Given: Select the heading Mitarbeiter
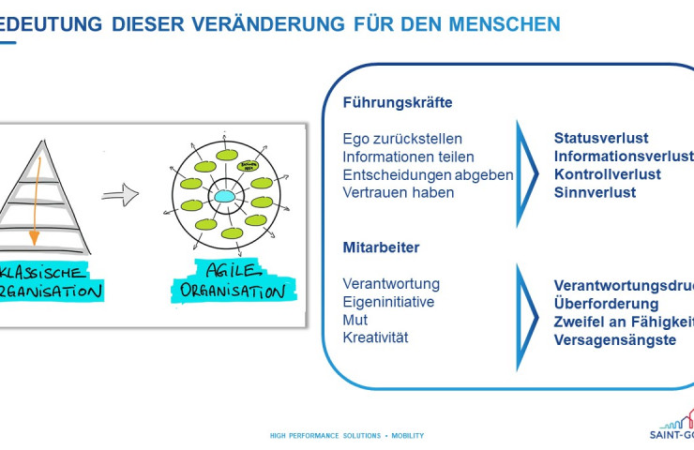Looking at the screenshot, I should (381, 247).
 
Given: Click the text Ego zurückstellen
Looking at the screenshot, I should (402, 139).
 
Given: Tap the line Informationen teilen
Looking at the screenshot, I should (408, 157).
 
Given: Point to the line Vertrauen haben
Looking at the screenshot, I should (399, 192).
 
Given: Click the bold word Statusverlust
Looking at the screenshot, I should (601, 139).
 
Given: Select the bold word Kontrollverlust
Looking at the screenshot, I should (608, 174).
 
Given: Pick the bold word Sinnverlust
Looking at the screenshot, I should (595, 192).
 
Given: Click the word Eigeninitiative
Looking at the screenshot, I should (388, 302).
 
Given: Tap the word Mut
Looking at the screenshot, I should (355, 320).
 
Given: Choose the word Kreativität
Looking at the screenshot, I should (376, 337).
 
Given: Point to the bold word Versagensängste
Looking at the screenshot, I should (615, 339).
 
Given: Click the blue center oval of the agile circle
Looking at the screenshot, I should (225, 197).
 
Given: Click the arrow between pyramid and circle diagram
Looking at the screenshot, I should (120, 196).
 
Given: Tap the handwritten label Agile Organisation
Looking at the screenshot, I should (229, 279).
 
